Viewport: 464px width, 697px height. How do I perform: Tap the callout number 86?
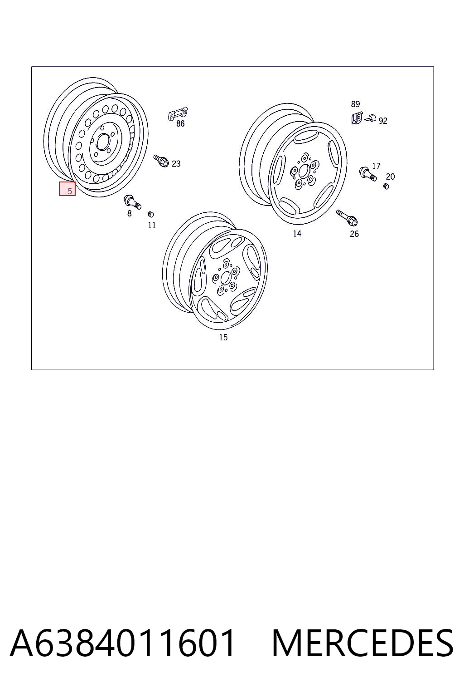click(180, 123)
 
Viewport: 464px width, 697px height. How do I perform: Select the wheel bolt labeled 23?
click(161, 161)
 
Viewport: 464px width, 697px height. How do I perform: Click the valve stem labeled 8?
click(132, 201)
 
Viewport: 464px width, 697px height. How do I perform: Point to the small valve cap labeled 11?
click(151, 214)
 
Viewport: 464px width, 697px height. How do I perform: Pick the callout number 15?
click(223, 337)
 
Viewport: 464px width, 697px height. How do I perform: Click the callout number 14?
click(297, 233)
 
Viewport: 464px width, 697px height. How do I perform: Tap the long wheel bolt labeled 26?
click(347, 217)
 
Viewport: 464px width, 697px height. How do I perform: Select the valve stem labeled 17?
click(368, 174)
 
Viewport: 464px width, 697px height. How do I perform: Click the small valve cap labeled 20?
click(387, 186)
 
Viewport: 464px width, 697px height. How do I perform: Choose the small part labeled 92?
click(371, 118)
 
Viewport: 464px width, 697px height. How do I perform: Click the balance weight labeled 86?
click(178, 114)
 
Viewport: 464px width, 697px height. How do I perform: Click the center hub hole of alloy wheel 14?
click(303, 172)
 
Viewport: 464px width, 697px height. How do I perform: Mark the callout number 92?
click(383, 121)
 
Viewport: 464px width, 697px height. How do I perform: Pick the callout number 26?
click(354, 234)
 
